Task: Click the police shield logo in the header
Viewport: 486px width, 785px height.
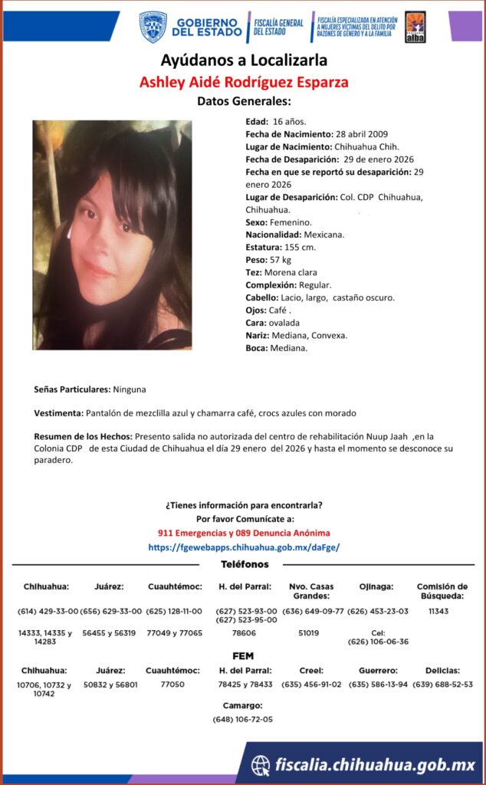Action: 153,27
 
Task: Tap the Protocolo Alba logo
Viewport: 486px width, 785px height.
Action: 415,27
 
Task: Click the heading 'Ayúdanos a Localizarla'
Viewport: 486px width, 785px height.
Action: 244,60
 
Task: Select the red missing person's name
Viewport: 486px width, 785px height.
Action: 243,82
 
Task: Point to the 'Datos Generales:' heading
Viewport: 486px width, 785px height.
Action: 244,101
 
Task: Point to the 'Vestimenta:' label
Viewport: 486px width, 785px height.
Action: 59,413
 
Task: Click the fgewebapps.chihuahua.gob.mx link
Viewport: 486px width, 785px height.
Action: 243,547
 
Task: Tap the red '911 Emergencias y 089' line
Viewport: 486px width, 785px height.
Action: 243,533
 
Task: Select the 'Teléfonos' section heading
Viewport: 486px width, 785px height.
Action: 245,564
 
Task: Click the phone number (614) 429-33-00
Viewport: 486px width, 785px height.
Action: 48,611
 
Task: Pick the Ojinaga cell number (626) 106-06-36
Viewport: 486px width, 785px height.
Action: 378,642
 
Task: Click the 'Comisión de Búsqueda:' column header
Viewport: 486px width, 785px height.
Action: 442,591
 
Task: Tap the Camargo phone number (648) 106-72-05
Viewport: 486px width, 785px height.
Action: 243,719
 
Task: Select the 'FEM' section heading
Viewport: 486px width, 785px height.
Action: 243,656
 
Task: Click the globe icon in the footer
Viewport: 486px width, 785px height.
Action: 261,764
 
